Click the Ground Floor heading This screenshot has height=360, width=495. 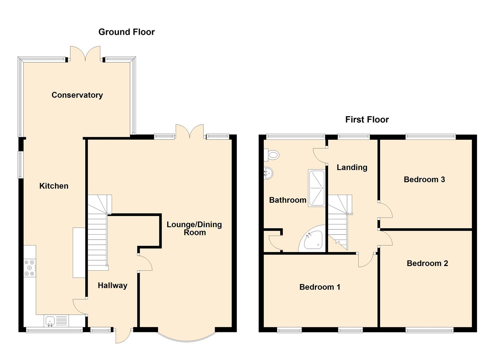[x=126, y=32]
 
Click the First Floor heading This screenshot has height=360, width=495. [x=367, y=120]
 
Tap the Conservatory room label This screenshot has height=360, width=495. [x=77, y=95]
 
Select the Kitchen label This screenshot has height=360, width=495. [x=54, y=186]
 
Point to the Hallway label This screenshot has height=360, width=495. [x=112, y=285]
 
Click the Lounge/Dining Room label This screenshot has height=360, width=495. [x=194, y=228]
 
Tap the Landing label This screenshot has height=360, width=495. [x=352, y=167]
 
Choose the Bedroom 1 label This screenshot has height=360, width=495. [x=320, y=287]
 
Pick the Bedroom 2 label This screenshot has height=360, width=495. [x=427, y=263]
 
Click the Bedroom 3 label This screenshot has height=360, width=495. [x=424, y=179]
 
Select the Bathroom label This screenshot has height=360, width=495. [x=288, y=200]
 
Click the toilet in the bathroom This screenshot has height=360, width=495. [x=272, y=155]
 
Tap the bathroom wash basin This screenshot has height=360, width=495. [x=268, y=173]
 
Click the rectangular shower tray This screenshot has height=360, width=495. [x=317, y=188]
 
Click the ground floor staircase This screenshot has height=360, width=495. [x=99, y=232]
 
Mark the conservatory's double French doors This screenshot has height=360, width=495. [x=85, y=53]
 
